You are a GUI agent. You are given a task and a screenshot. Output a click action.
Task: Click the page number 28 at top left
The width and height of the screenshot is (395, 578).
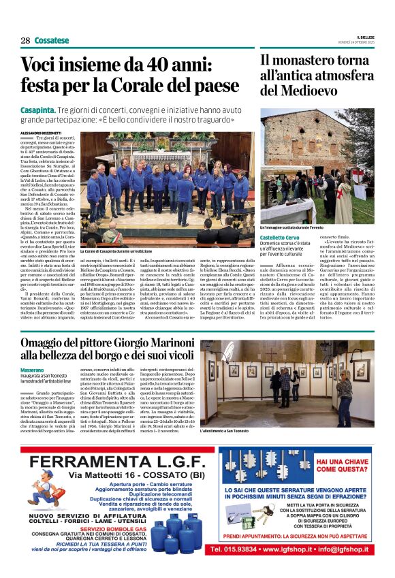25,40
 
